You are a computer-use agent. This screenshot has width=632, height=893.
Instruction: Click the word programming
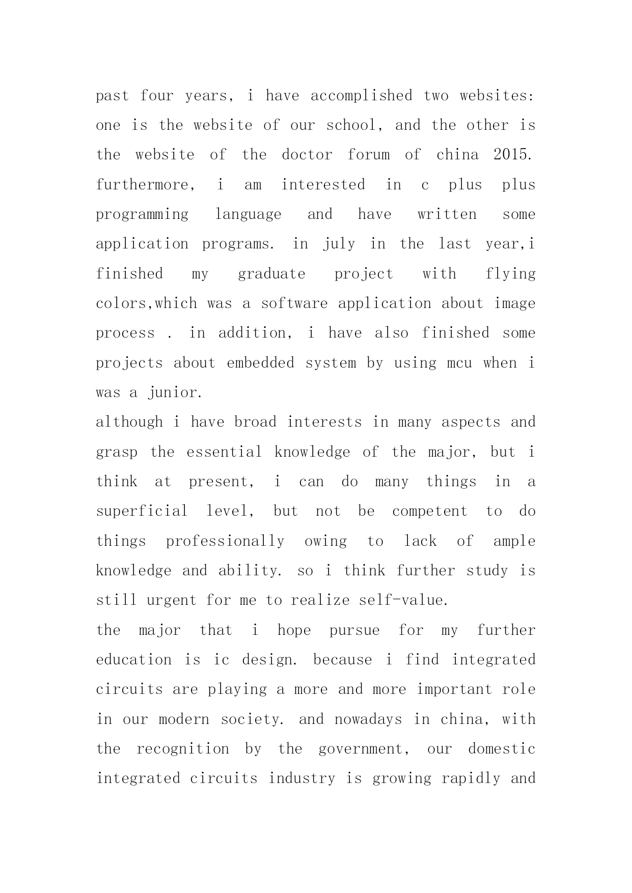142,215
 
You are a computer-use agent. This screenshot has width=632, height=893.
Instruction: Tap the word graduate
271,274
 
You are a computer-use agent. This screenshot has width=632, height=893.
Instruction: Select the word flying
510,274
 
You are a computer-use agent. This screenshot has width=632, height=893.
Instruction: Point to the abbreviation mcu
459,363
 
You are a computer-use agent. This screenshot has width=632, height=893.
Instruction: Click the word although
129,422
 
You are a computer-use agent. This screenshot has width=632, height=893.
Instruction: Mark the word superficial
142,511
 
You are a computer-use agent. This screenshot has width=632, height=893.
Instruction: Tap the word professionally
225,541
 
